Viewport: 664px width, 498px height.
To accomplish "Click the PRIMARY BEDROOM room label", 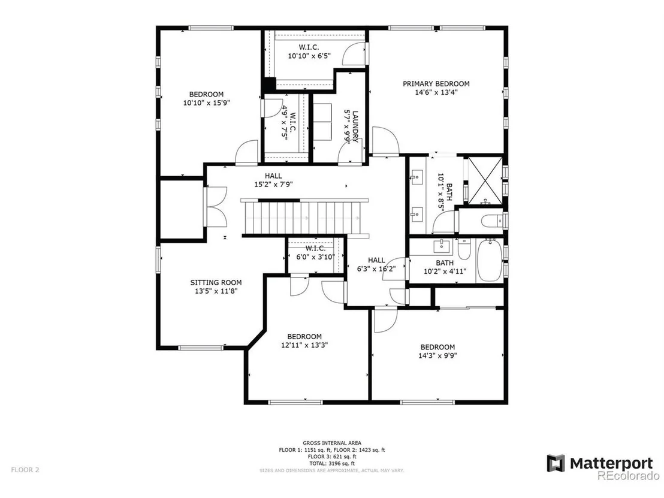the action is [x=436, y=84].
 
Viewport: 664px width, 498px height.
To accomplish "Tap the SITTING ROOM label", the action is [x=216, y=282].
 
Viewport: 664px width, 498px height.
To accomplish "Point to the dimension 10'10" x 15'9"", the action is [x=206, y=102].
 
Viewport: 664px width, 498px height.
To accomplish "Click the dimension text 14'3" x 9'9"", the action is [x=437, y=356].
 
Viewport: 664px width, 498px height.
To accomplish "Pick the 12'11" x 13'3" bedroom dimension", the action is [x=304, y=345].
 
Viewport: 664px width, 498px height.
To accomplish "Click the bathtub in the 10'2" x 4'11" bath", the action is [x=490, y=261].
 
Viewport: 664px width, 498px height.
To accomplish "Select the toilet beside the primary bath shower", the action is [x=492, y=221].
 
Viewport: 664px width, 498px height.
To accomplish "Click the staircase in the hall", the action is [x=305, y=218].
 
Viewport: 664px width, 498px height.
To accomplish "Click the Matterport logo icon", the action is [x=556, y=463].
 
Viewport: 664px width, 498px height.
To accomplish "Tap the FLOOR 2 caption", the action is [x=25, y=470].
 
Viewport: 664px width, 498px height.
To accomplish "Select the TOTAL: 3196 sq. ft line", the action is [x=332, y=463].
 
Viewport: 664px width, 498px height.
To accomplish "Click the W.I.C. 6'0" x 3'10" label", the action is [x=315, y=253].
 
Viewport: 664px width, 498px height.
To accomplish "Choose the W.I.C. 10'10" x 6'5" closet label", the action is [x=309, y=52].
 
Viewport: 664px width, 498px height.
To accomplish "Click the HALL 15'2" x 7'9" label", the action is [x=273, y=180].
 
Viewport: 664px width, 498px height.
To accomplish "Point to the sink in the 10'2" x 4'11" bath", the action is [x=442, y=245].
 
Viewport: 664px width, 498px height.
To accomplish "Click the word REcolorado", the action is [x=628, y=476].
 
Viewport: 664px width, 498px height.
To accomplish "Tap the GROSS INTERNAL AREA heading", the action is [x=332, y=443].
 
